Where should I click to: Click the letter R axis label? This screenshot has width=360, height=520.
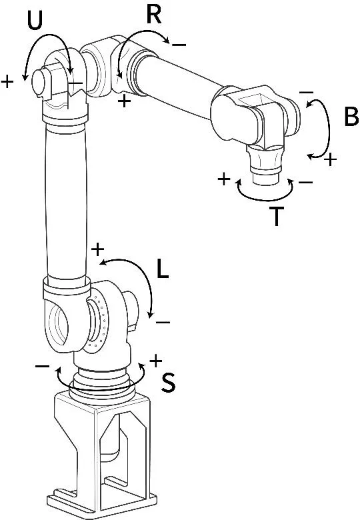point(154,13)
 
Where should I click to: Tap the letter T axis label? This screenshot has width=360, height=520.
point(278,217)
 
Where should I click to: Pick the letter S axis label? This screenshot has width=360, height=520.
point(169,381)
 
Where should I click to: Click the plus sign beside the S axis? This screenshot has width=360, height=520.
point(155,361)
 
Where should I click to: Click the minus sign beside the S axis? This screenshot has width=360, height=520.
point(42,366)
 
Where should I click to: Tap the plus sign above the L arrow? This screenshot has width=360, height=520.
point(97,250)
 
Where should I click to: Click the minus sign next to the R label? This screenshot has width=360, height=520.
point(179,44)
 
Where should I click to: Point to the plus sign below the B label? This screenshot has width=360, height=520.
point(330,160)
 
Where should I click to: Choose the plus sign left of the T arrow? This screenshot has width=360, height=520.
point(224,179)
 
